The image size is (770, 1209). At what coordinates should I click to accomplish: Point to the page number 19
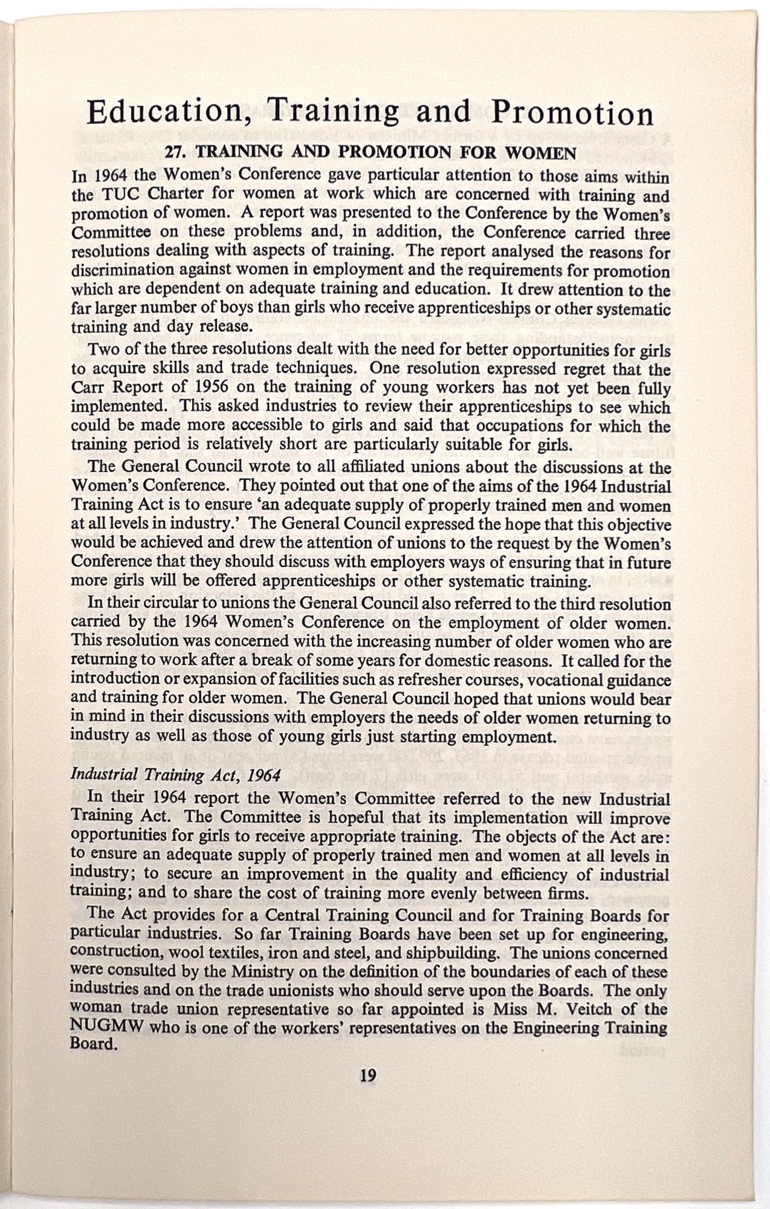(x=368, y=1075)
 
